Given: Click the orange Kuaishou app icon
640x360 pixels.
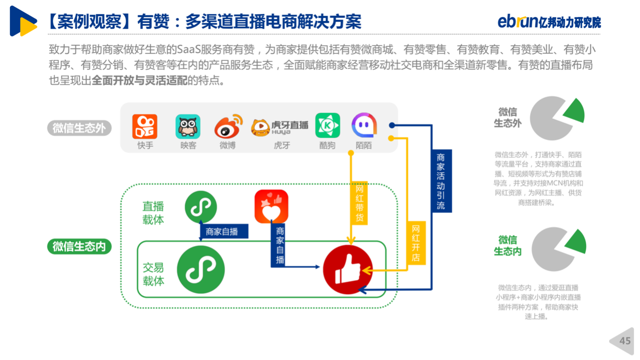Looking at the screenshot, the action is (145, 126).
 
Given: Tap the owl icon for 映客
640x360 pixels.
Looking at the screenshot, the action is (187, 126).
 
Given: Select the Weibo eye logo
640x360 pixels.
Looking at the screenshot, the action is (228, 126).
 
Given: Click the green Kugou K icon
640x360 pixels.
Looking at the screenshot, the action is (327, 125).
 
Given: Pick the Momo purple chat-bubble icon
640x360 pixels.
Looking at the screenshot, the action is (364, 125).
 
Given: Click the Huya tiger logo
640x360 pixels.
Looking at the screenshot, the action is (260, 127).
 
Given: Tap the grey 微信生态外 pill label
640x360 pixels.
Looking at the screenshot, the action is (79, 128).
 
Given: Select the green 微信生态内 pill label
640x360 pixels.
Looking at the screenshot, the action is (79, 246).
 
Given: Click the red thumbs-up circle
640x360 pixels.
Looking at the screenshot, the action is (347, 269).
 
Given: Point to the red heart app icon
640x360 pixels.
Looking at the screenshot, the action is (271, 206).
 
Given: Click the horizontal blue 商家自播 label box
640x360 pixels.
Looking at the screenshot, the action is (223, 231).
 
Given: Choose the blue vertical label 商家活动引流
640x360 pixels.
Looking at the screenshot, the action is (441, 181).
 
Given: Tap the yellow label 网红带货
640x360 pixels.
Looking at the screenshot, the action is (359, 203).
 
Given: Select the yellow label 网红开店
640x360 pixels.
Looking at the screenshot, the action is (416, 243).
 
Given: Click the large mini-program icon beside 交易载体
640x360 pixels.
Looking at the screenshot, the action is (201, 269).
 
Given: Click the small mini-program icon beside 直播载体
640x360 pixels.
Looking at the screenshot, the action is (201, 207).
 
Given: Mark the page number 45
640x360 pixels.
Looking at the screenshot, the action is (624, 341).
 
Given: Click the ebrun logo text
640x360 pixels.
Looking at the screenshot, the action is (517, 21).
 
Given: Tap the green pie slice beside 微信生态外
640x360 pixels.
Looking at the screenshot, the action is (575, 110).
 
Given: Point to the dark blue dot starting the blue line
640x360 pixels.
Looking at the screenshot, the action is (392, 125).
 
